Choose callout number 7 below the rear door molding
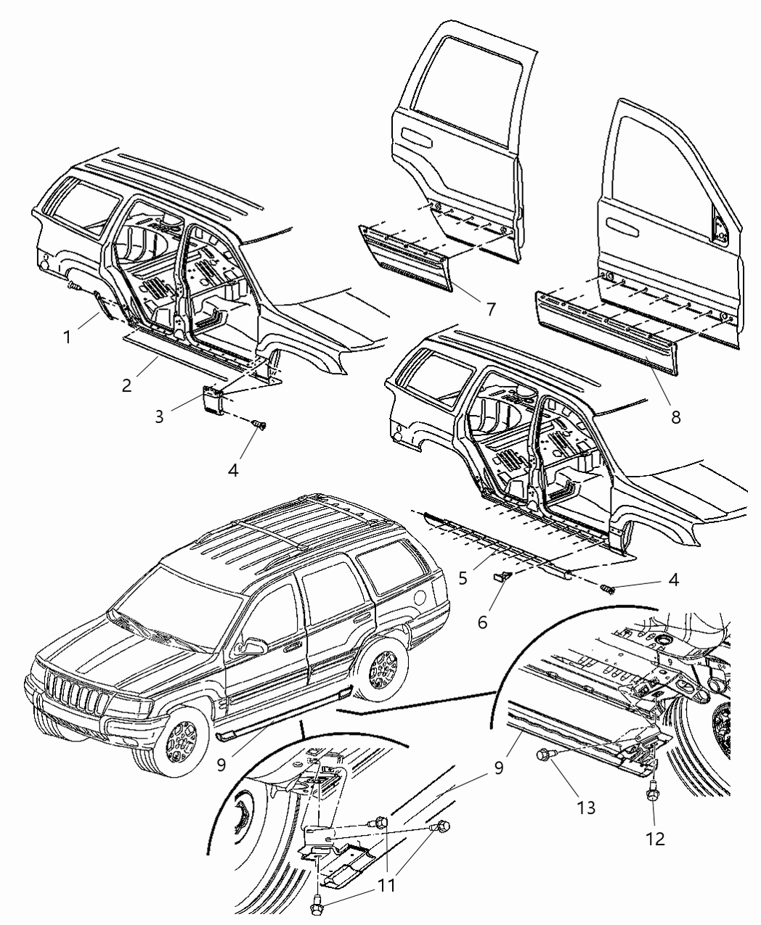pyautogui.click(x=491, y=309)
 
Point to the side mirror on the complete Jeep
pyautogui.click(x=254, y=646)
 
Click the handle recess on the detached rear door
pyautogui.click(x=420, y=135)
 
